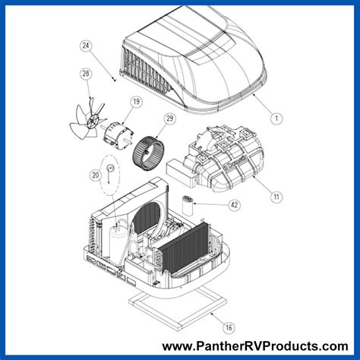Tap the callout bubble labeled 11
[276, 196]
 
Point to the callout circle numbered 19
[136, 102]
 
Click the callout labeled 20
[94, 175]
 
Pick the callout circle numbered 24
[86, 46]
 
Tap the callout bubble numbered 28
[85, 74]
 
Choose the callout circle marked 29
[169, 118]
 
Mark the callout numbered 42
[234, 205]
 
